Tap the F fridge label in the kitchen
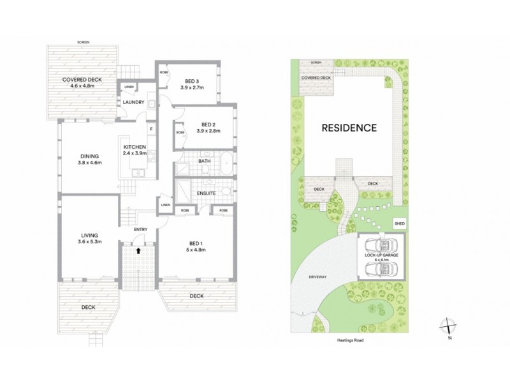pyautogui.click(x=150, y=129)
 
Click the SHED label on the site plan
pyautogui.click(x=400, y=224)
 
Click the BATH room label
pyautogui.click(x=205, y=161)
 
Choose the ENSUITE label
pyautogui.click(x=206, y=193)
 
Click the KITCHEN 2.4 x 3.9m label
pyautogui.click(x=135, y=150)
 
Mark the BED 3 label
pyautogui.click(x=193, y=84)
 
